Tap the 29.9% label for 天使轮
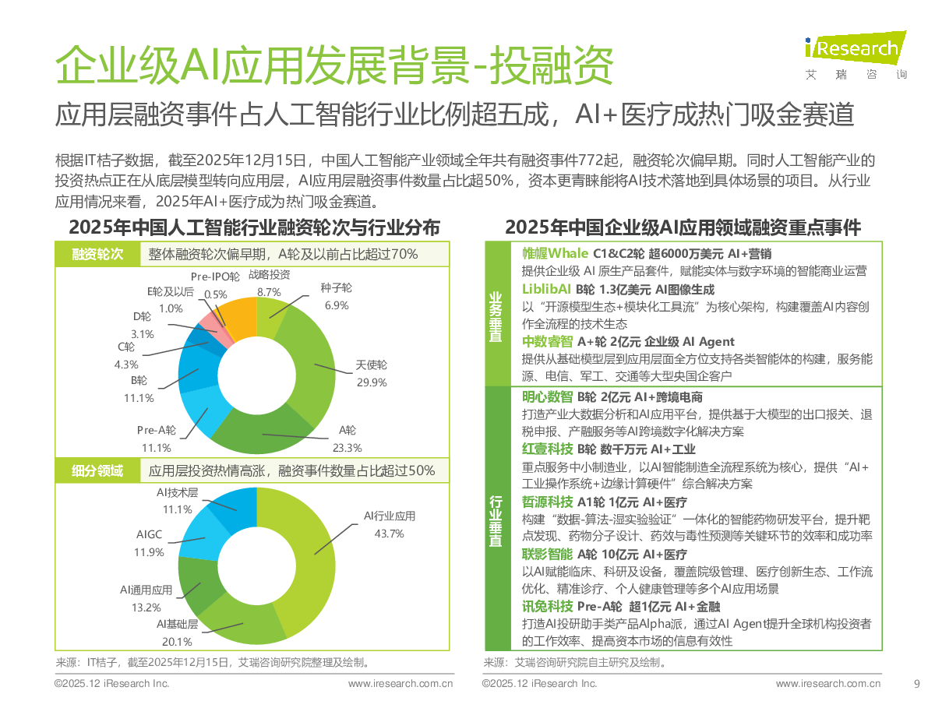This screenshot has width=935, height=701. click(x=371, y=382)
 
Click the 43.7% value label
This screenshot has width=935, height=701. click(x=389, y=534)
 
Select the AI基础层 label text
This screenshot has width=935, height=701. click(x=177, y=624)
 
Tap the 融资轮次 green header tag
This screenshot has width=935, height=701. click(x=97, y=255)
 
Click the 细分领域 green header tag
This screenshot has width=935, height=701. click(x=97, y=470)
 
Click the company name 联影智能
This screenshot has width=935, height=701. click(x=547, y=555)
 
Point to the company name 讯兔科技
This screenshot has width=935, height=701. click(x=547, y=607)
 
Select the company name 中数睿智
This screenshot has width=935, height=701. click(x=547, y=341)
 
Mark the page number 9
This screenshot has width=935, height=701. click(x=916, y=683)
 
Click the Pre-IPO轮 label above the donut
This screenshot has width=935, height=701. click(x=215, y=276)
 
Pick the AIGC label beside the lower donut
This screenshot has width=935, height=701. click(x=150, y=535)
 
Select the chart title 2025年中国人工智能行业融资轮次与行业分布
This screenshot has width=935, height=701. click(x=254, y=227)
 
